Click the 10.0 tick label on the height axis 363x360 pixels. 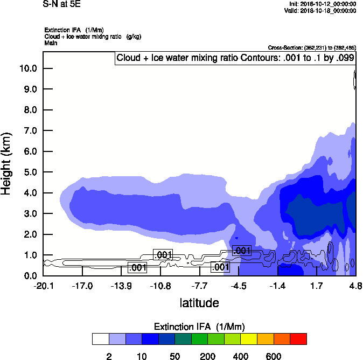(x=28, y=68)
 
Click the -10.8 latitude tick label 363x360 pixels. (x=160, y=286)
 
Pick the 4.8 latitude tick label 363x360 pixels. (x=355, y=286)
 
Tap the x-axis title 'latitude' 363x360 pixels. (x=199, y=303)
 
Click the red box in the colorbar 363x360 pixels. (x=298, y=339)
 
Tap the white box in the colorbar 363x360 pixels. (x=100, y=339)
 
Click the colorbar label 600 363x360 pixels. (x=274, y=356)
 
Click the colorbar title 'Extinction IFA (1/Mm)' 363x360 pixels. (x=200, y=327)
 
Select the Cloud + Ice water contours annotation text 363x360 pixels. (x=235, y=58)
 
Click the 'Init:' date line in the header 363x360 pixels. (x=322, y=4)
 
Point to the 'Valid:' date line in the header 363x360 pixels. (x=320, y=10)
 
